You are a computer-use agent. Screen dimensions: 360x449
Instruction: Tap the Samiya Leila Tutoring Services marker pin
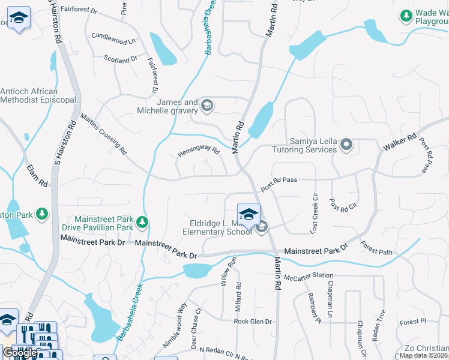[346, 145]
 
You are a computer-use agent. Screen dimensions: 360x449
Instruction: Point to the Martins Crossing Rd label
[104, 132]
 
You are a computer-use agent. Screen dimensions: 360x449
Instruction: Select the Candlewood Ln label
[113, 39]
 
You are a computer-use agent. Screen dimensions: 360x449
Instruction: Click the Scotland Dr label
[121, 59]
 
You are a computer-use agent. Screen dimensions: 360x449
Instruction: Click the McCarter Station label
[309, 276]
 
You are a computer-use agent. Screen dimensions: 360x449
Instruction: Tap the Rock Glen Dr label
[253, 322]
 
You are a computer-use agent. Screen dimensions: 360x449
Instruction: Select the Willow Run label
[226, 271]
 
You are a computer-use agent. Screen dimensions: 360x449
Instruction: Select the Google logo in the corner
[20, 353]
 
